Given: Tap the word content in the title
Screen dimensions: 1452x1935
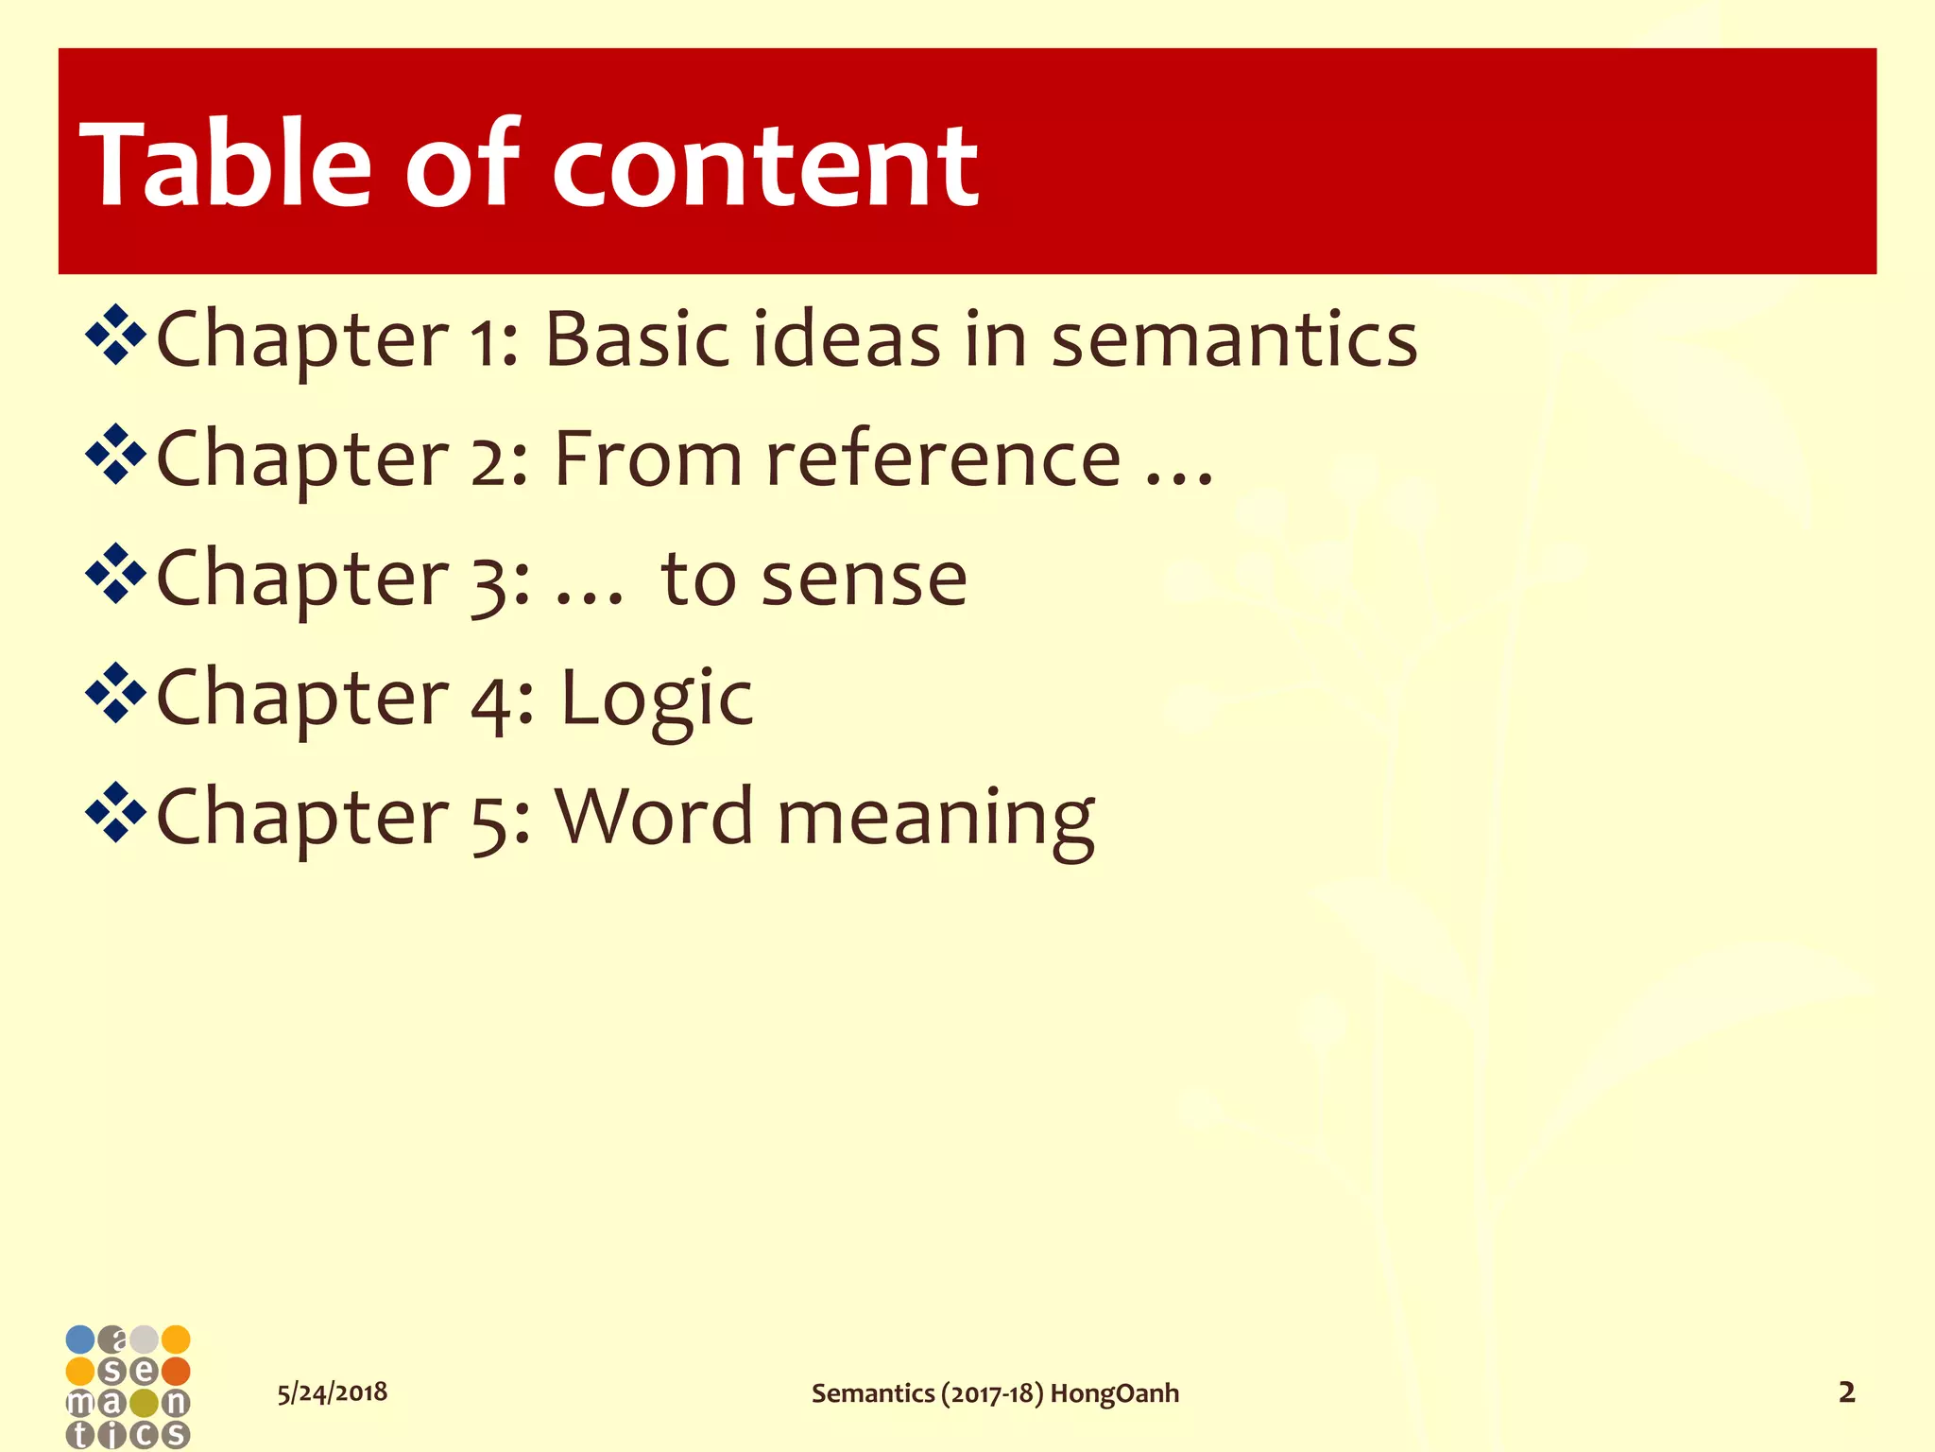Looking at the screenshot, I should tap(765, 168).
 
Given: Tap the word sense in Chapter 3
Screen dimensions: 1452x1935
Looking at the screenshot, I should tap(865, 579).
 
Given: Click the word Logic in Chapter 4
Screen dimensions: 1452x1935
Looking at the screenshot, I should tap(657, 700).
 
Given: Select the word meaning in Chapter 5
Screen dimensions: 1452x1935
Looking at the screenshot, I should tap(935, 819).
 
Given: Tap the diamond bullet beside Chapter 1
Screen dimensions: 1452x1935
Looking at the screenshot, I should tap(115, 335).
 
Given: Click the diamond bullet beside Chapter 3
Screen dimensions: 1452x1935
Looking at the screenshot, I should tap(115, 573).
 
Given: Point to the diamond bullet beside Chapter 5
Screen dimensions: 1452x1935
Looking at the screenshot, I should tap(115, 812).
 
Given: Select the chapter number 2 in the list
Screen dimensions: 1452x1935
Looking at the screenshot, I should tap(491, 459).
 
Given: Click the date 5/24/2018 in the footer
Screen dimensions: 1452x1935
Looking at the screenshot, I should tap(332, 1392).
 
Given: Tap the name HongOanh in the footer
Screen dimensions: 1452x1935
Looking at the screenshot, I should tap(1115, 1393).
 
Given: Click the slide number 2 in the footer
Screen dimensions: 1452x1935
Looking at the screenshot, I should tap(1846, 1392).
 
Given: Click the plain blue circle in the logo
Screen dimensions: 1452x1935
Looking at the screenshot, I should tap(80, 1340).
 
